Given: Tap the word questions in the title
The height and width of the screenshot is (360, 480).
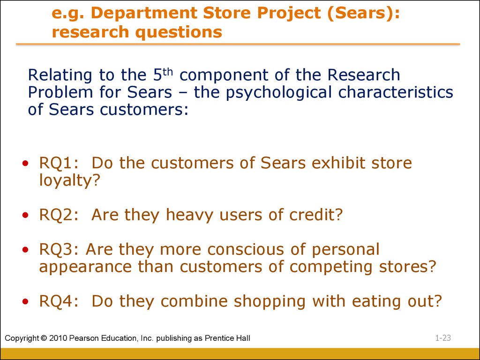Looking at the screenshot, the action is pyautogui.click(x=179, y=32).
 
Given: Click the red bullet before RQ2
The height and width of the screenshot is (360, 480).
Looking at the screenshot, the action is pyautogui.click(x=25, y=215).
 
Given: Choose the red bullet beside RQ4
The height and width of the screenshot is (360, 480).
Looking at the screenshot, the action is pyautogui.click(x=25, y=301).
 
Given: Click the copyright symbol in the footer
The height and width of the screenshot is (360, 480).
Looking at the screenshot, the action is pyautogui.click(x=44, y=338).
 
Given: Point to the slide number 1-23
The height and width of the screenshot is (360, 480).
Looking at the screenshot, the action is pyautogui.click(x=443, y=338).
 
